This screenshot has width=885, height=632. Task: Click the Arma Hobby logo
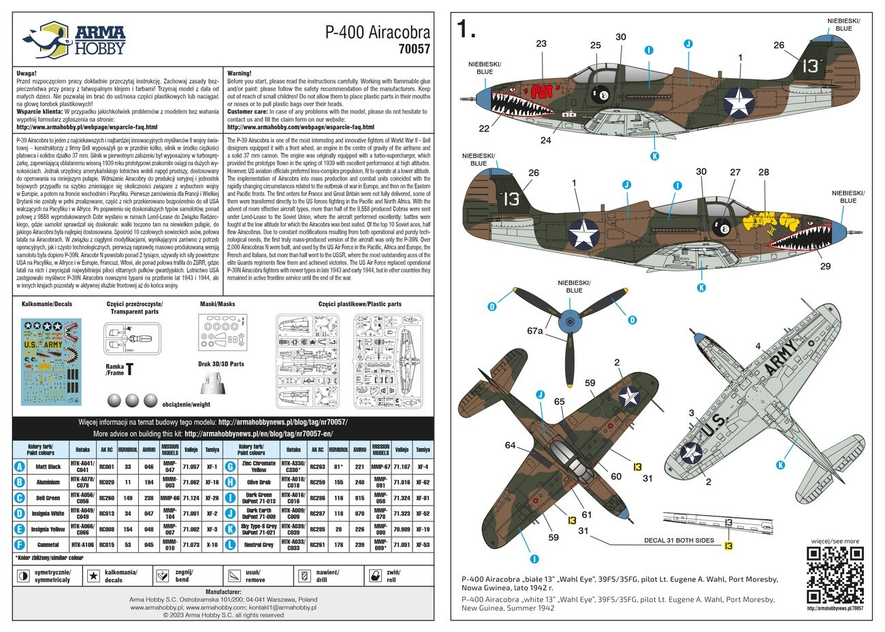pos(74,39)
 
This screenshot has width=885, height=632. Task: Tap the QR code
pos(834,575)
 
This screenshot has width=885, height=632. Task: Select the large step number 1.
pos(466,29)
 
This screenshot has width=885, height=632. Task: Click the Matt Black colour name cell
pos(48,467)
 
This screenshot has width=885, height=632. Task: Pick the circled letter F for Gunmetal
pos(20,544)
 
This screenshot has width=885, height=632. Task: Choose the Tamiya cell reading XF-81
pos(422,498)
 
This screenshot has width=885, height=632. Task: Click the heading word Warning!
pos(240,72)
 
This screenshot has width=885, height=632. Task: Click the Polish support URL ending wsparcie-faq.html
pos(86,127)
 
